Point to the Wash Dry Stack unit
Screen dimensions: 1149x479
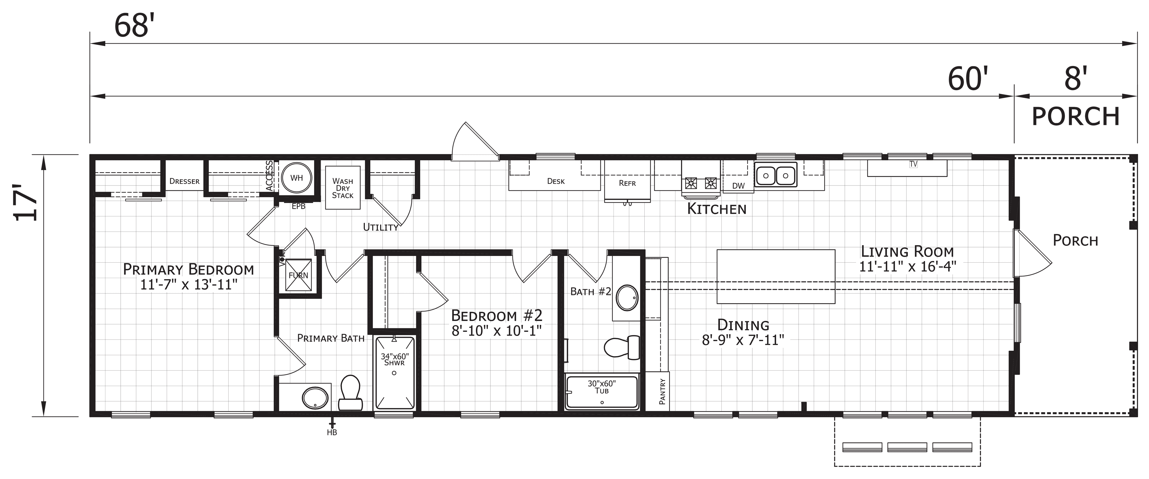(x=343, y=188)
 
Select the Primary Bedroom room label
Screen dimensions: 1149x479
(x=188, y=270)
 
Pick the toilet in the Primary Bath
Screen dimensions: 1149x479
(x=350, y=392)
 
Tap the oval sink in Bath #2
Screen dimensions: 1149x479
(x=627, y=298)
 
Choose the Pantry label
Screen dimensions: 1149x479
(x=662, y=392)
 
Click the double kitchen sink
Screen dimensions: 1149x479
(x=776, y=175)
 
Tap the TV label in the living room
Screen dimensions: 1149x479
(x=913, y=164)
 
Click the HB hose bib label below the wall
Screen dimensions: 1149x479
(x=332, y=432)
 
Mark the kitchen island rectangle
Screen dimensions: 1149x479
(x=776, y=277)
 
